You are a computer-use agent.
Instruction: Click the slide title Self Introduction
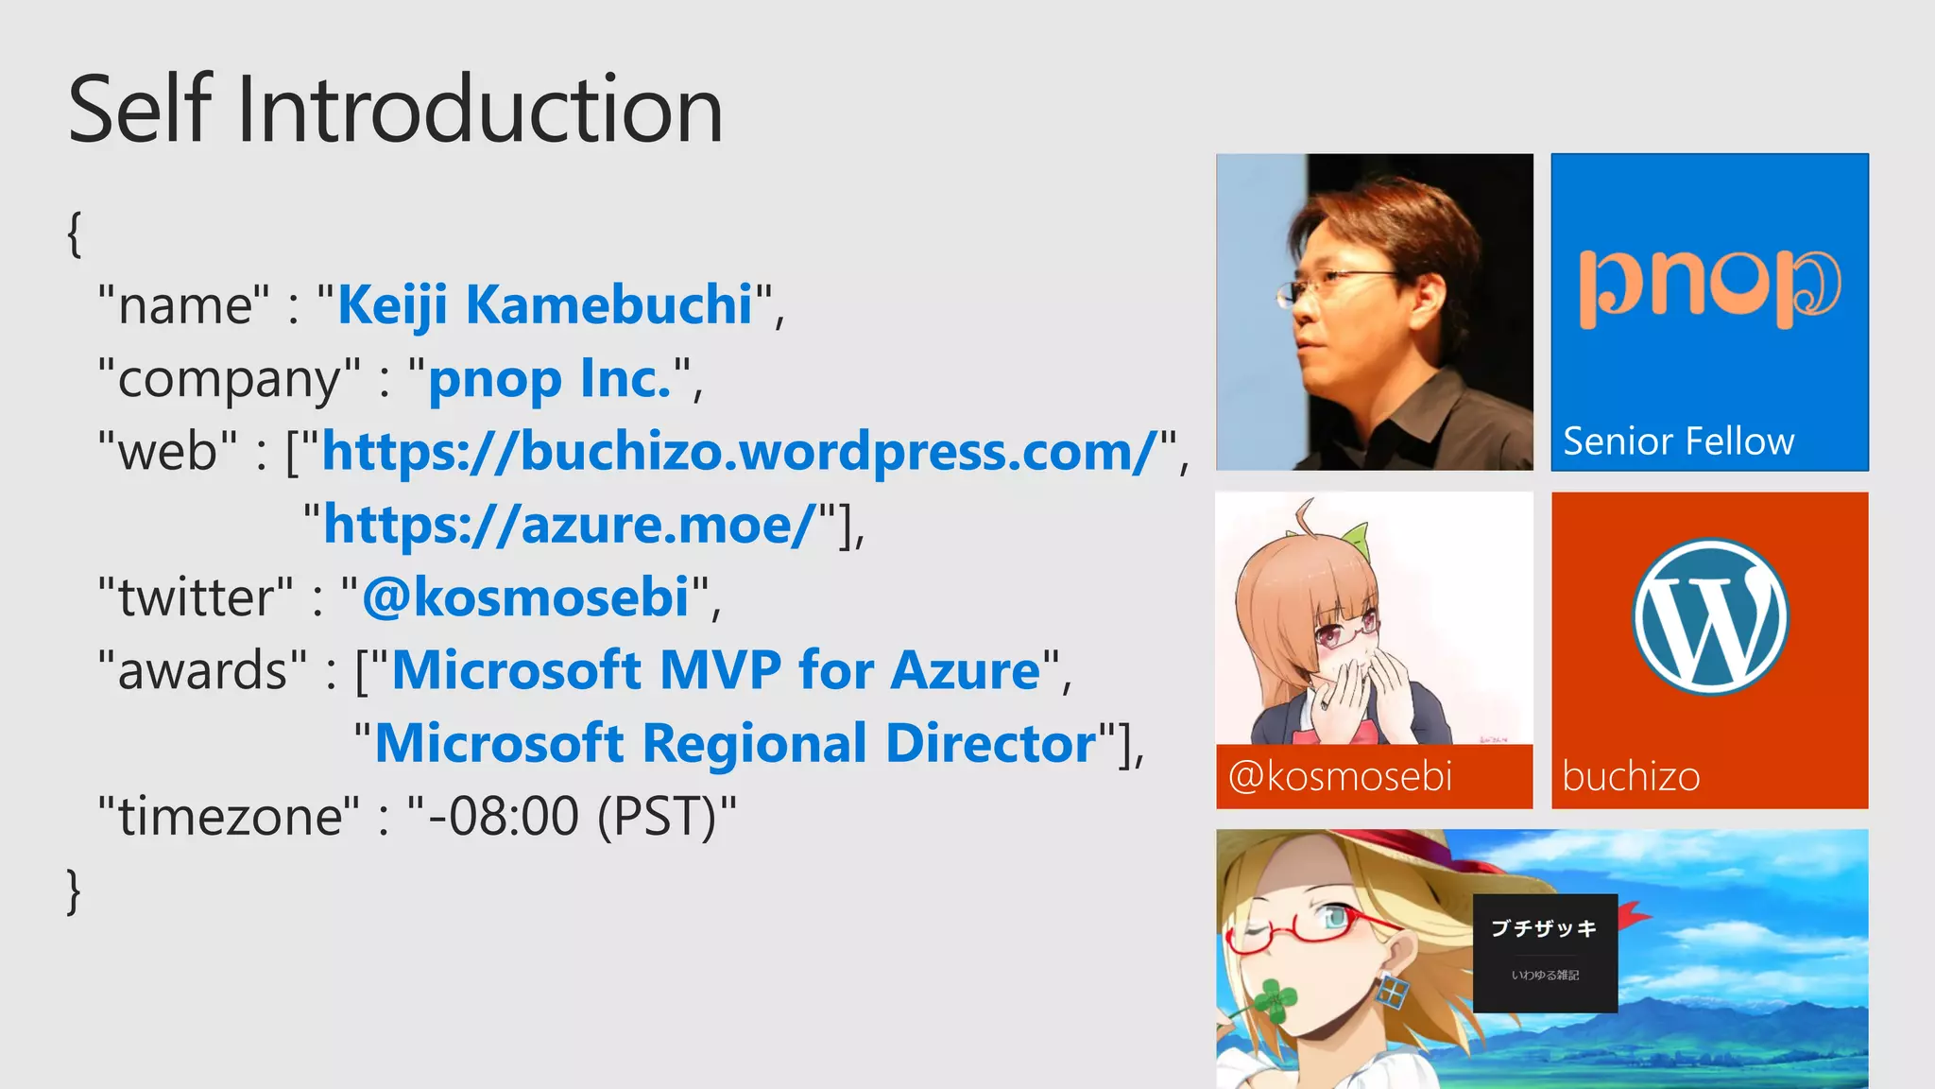click(x=395, y=110)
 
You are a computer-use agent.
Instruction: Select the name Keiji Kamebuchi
click(x=545, y=305)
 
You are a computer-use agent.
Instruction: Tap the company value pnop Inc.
click(x=550, y=378)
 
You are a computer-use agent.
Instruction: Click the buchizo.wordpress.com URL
click(x=739, y=451)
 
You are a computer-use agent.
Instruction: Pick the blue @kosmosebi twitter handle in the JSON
click(x=525, y=597)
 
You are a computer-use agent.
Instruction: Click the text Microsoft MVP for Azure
click(x=715, y=670)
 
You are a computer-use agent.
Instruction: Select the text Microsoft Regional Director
click(x=735, y=743)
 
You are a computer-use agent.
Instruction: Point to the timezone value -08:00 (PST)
click(x=572, y=816)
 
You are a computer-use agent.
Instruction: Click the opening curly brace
click(x=75, y=233)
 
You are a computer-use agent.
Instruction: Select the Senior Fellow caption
click(x=1678, y=441)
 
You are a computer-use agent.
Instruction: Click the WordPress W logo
click(x=1710, y=616)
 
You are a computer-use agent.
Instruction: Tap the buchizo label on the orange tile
click(x=1631, y=777)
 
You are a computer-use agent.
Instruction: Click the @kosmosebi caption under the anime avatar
click(x=1340, y=777)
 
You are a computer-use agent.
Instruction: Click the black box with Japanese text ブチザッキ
click(x=1545, y=952)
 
